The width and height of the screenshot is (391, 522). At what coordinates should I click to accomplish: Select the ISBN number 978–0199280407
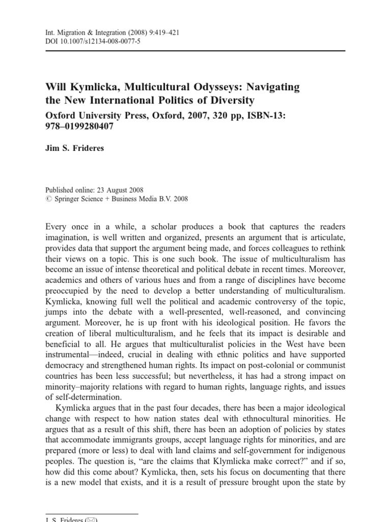(79, 126)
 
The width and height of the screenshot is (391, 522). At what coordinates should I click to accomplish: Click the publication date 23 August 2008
(121, 190)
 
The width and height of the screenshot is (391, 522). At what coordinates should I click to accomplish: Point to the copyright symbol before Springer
(48, 199)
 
